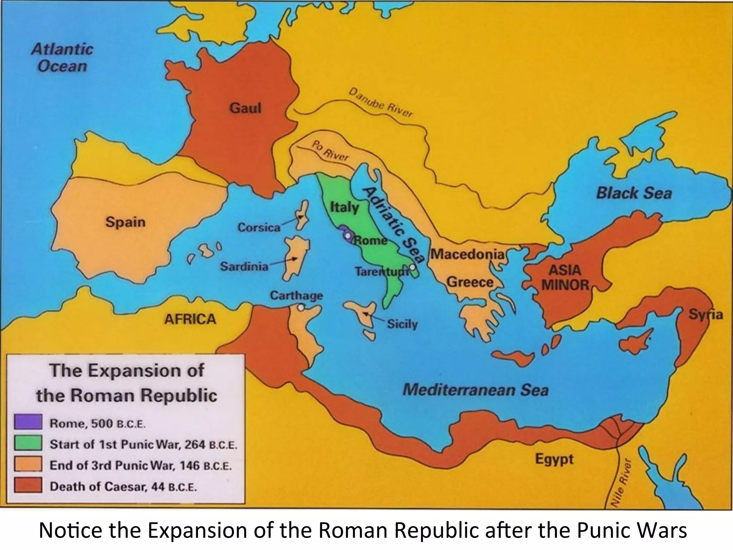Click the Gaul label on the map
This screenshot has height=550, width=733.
coord(245,107)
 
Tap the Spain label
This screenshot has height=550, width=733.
coord(125,222)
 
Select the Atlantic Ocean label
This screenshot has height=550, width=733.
coord(62,58)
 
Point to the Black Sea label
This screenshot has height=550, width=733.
coord(634,193)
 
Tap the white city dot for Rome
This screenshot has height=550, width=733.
coord(348,235)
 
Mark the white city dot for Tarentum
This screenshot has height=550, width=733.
coord(412,267)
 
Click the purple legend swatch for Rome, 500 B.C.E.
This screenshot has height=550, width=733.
coord(28,422)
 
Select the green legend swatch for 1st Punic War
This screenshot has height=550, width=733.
coord(28,443)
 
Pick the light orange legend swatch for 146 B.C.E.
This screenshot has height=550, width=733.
coord(28,464)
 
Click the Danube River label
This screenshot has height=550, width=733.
coord(381,102)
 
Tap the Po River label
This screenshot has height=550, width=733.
coord(330,151)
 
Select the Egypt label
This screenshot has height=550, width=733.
coord(554,459)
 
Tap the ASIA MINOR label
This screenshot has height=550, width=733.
coord(565,278)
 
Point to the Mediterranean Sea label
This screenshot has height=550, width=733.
coord(475,390)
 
